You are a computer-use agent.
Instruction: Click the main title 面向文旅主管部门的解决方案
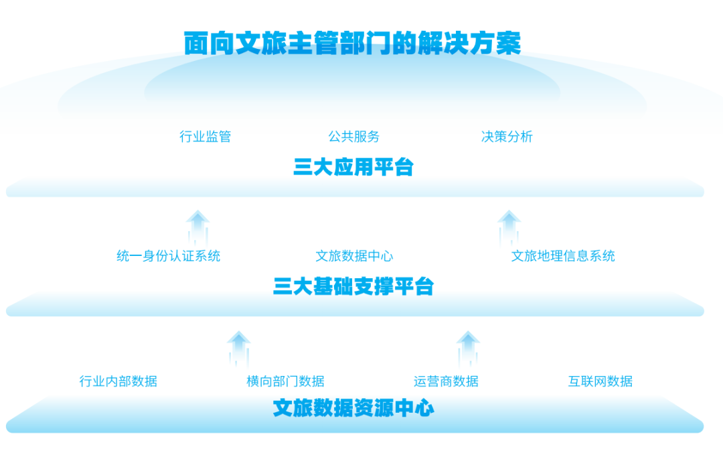[353, 43]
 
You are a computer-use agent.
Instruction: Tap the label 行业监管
[205, 137]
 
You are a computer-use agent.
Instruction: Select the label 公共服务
[354, 137]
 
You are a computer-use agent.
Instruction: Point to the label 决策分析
[507, 137]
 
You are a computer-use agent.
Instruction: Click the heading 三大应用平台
[353, 167]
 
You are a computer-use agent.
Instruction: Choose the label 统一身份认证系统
[168, 256]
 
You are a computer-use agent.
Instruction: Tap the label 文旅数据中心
[354, 256]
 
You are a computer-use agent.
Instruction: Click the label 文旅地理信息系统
[563, 256]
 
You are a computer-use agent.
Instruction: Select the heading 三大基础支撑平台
[353, 287]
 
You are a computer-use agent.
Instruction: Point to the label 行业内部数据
[118, 381]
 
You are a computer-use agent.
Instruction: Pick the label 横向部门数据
[285, 381]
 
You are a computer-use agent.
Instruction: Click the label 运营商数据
[446, 381]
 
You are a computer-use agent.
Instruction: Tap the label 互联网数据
[600, 381]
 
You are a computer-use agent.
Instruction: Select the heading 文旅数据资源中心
[353, 407]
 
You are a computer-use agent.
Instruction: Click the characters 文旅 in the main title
[254, 43]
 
